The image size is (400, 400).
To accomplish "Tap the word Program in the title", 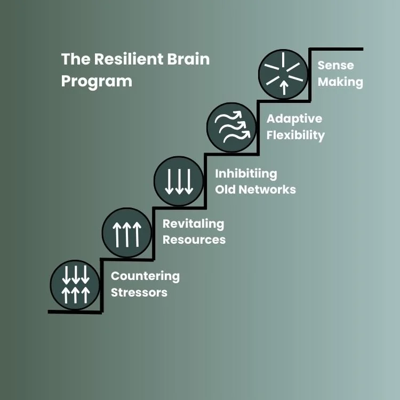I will [x=97, y=82].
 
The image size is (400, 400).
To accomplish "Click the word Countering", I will [x=145, y=276].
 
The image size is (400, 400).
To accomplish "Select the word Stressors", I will [x=139, y=292].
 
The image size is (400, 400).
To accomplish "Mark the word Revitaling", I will [x=193, y=223].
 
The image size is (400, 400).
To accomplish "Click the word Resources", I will [x=194, y=239].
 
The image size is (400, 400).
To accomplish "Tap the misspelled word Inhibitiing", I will [x=246, y=173].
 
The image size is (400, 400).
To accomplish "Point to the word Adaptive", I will [x=294, y=118].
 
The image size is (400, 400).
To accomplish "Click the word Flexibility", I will [x=296, y=135].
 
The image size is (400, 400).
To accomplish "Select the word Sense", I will [x=335, y=66].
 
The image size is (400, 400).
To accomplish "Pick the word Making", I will [x=340, y=82].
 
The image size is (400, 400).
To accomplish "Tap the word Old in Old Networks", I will [x=226, y=189].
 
